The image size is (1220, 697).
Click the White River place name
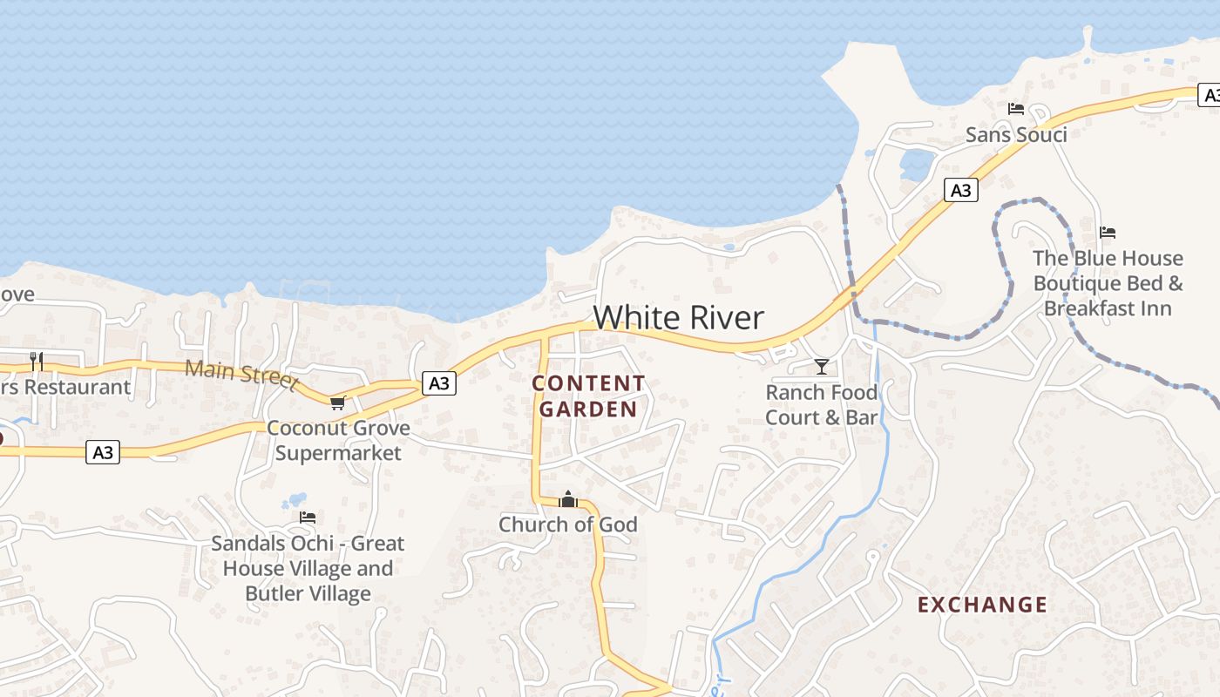click(679, 317)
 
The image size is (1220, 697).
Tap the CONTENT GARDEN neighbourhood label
click(589, 396)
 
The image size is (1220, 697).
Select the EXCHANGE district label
click(982, 605)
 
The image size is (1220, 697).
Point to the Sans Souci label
click(1016, 134)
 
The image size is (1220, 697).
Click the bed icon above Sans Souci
click(1016, 109)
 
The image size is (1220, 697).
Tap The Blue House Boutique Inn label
click(1108, 283)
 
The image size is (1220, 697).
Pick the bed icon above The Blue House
click(1108, 233)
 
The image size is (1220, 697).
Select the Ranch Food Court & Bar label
click(821, 405)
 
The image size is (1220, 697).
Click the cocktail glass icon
click(821, 367)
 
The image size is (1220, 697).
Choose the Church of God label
click(568, 524)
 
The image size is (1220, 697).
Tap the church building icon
click(568, 499)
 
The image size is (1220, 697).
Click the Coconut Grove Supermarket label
click(338, 440)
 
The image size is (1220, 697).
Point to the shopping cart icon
click(338, 403)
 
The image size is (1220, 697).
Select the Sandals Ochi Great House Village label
click(308, 568)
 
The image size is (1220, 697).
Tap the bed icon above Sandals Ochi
click(308, 518)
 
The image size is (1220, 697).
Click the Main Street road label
click(241, 374)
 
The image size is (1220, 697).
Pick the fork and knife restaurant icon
click(37, 361)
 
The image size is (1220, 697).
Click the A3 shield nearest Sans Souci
click(960, 190)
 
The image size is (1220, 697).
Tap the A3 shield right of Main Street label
click(439, 382)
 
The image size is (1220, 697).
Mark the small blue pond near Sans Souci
click(917, 165)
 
